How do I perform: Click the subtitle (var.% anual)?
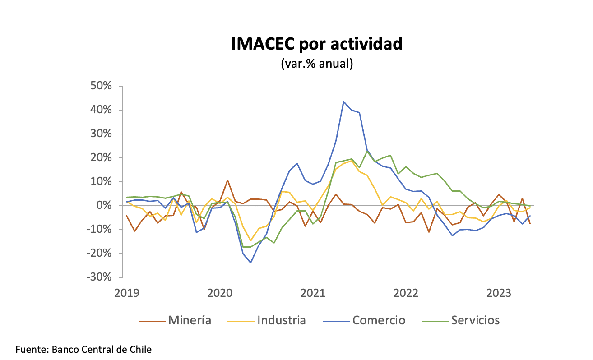point(316,64)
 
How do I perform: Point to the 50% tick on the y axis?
point(107,86)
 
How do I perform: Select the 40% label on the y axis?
point(107,110)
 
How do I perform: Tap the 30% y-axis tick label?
point(107,134)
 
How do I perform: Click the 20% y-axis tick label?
point(107,158)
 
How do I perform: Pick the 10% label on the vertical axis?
point(107,182)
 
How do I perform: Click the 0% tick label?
point(110,206)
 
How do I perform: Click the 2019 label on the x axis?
point(127,293)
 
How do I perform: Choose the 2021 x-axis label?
point(313,293)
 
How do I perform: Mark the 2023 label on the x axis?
point(498,293)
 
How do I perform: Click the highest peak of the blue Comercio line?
point(343,102)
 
